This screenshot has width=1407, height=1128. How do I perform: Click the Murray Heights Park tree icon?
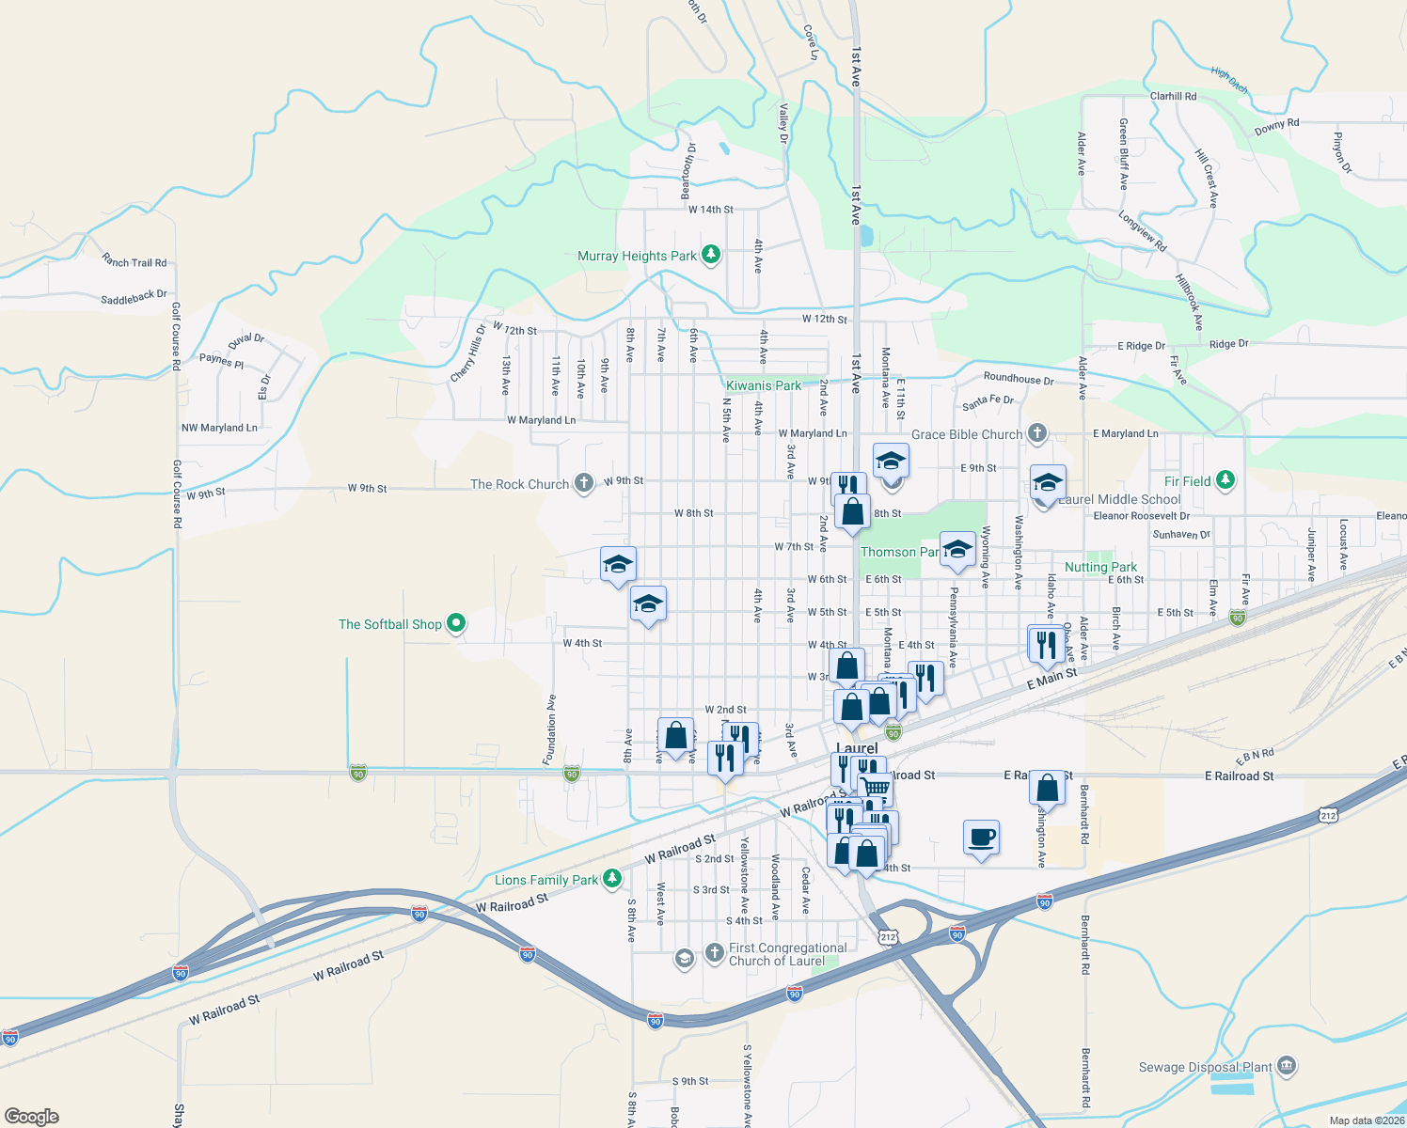point(711,255)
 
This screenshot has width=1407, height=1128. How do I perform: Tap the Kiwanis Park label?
point(764,385)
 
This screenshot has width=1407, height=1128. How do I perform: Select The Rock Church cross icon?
point(584,484)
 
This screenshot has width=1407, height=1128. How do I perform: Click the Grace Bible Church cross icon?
point(1037,433)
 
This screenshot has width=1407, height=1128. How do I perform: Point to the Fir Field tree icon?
point(1225,480)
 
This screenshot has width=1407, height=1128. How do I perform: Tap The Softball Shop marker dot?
point(456,623)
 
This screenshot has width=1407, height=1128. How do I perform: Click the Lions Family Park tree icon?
point(612,879)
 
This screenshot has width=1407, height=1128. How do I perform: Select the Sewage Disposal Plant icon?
point(1288,1066)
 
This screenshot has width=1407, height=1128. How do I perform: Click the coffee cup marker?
point(981,836)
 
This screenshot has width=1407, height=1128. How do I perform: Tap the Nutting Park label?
point(1100,567)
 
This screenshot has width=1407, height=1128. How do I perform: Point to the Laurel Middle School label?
point(1119,499)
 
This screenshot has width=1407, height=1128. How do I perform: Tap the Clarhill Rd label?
point(1173,96)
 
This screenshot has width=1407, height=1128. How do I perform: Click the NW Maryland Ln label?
point(219,428)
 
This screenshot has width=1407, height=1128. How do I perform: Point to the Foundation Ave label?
point(551,728)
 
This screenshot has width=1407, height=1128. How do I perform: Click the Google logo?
point(32,1116)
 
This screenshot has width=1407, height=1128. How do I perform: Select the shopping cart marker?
point(877,787)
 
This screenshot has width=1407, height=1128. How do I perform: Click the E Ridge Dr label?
point(1141,346)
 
